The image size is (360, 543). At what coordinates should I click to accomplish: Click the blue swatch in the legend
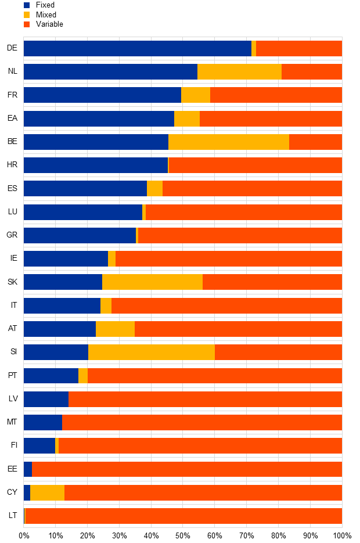(27, 5)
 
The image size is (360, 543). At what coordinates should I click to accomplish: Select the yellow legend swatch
(27, 15)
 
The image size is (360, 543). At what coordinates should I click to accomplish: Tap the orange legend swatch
(27, 24)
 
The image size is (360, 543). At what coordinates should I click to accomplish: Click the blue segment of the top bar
(138, 48)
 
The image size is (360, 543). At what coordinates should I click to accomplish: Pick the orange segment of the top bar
(299, 48)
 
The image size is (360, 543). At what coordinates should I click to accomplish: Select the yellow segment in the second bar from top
(239, 71)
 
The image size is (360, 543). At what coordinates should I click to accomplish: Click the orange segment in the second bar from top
(312, 71)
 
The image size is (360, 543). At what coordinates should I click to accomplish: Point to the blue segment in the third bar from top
(102, 95)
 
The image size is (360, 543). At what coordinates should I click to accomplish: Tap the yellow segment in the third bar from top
(196, 95)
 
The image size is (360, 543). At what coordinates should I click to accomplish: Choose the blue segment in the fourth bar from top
(99, 118)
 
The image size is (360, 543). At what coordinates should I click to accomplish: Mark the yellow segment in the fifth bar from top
(229, 142)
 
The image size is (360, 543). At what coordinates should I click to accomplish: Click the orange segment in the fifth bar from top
(315, 142)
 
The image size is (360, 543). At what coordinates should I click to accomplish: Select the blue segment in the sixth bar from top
(96, 165)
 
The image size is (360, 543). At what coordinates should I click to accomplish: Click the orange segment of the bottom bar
(183, 516)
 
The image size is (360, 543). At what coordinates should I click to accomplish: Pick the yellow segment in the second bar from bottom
(47, 492)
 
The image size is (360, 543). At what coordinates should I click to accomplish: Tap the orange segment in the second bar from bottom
(203, 492)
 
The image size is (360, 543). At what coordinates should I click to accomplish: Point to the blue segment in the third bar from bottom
(28, 469)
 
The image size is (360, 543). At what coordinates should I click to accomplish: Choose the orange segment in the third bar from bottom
(187, 469)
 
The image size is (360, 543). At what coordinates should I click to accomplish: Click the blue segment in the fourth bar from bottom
(39, 445)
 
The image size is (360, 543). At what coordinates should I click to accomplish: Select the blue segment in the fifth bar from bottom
(43, 422)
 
